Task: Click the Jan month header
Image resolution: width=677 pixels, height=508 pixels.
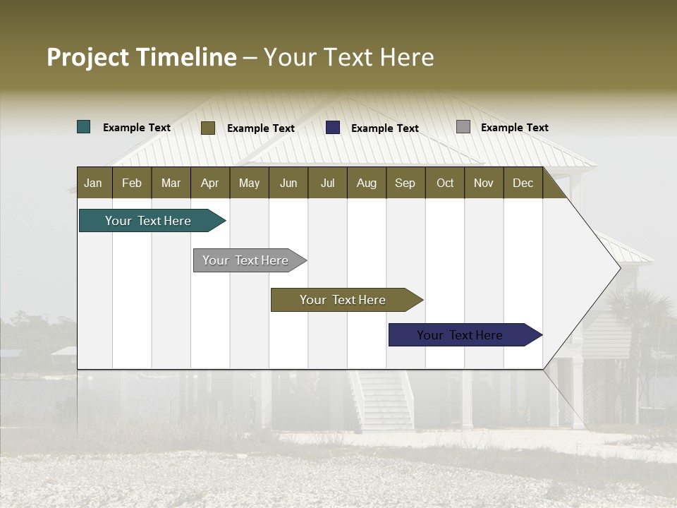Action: pos(93,183)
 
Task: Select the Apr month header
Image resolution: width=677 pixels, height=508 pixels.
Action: pos(209,183)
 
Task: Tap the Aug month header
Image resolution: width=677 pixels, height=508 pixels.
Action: pos(366,183)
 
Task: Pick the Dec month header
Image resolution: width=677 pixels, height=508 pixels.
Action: pos(523,183)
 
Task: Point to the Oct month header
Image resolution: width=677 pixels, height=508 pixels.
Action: pos(444,183)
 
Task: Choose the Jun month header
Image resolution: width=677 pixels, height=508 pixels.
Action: pos(288,183)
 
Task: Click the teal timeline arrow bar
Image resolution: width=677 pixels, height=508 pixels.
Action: pos(148,221)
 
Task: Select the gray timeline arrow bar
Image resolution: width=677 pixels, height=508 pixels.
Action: pos(245,260)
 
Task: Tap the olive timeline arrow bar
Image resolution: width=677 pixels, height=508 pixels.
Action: pos(343,300)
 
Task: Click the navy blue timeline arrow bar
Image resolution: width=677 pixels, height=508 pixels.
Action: pos(460,335)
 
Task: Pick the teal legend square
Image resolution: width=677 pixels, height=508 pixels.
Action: pos(84,127)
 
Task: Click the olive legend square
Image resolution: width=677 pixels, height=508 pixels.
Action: pos(208,128)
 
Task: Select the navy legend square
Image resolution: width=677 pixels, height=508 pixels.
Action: pos(333,128)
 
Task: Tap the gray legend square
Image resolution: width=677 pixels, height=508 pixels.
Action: pos(463,127)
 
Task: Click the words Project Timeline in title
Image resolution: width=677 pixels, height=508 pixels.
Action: pos(141,57)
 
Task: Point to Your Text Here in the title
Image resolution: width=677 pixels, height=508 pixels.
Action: pos(349,57)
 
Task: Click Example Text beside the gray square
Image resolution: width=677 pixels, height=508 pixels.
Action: pos(514,128)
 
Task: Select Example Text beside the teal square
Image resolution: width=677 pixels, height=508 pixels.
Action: pos(137,128)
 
